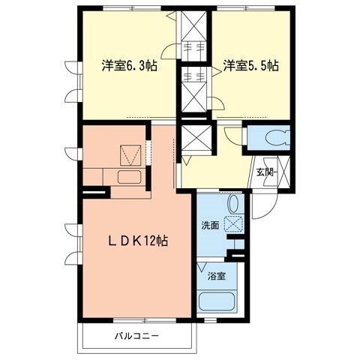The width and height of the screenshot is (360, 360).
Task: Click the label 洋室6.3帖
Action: click(x=130, y=65)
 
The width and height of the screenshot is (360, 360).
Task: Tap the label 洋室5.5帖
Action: click(x=250, y=65)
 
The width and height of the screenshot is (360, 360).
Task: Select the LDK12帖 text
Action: click(x=135, y=241)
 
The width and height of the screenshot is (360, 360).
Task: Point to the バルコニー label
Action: click(x=136, y=335)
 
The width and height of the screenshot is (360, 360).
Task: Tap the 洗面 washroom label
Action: click(x=210, y=224)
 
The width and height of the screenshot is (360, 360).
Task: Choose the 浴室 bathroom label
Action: click(x=216, y=275)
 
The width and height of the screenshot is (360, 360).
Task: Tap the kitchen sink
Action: click(x=127, y=178)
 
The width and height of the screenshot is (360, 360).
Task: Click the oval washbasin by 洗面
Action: click(x=232, y=203)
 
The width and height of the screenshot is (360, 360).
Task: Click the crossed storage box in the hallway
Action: click(x=193, y=139)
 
